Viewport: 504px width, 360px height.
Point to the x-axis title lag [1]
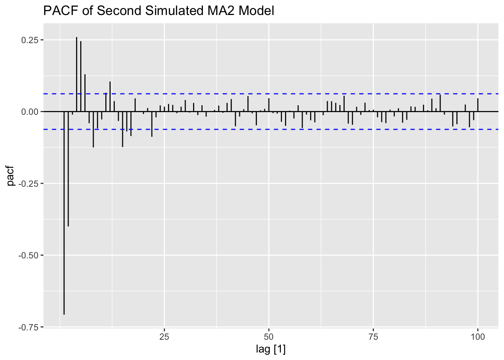point(271,349)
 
